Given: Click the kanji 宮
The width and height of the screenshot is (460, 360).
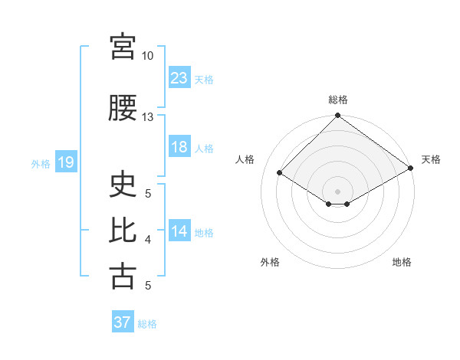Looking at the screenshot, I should tap(123, 46).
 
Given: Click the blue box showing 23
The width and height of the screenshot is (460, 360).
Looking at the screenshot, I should tap(179, 77).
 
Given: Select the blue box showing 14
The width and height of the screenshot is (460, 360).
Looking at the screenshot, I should tap(179, 231).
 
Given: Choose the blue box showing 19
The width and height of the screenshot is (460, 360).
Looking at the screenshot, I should tap(65, 162).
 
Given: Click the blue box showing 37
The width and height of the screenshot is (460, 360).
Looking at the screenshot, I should tap(123, 322).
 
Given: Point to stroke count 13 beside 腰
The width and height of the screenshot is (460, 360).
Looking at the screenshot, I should tap(147, 117).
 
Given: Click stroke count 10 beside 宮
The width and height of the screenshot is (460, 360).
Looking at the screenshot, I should tap(147, 56).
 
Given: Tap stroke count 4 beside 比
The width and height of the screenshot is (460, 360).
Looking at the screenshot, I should tap(147, 241).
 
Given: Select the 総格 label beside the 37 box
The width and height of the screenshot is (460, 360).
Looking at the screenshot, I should tap(147, 324).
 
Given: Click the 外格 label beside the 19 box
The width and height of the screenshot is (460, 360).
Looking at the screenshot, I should tap(41, 163).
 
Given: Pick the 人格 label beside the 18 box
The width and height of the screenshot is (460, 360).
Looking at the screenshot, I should tap(204, 149).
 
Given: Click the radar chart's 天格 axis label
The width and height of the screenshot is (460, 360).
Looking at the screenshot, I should tap(431, 159).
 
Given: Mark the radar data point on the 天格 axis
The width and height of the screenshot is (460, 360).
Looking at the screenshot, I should tap(411, 169).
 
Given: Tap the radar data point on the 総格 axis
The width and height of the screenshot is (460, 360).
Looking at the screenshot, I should tap(337, 116).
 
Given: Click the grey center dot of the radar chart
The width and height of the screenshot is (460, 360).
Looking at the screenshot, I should tap(337, 191).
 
